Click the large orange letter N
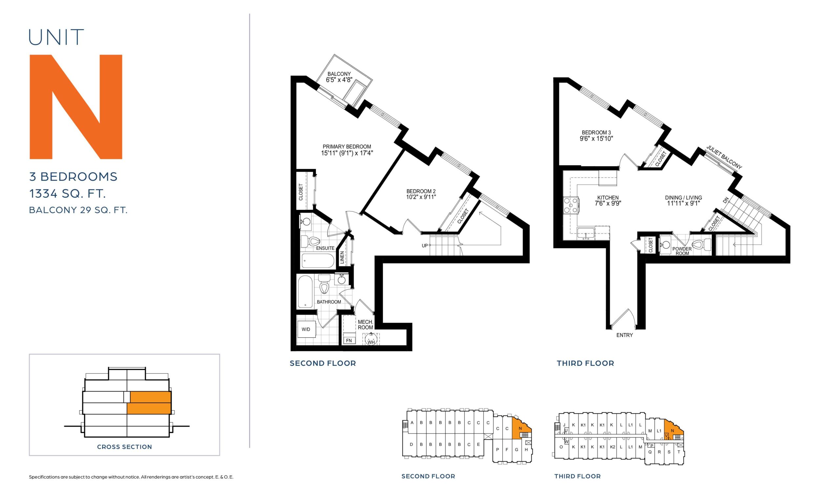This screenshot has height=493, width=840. (76, 107)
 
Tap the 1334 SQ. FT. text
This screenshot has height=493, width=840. (68, 193)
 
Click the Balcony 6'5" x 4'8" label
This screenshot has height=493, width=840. (339, 77)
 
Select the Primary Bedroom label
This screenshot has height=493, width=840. (347, 150)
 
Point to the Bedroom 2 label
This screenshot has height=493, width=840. (421, 194)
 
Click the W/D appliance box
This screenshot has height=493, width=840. (306, 329)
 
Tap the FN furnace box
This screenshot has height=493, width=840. (349, 341)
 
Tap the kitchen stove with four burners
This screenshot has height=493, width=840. (571, 205)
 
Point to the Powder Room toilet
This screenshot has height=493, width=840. (701, 245)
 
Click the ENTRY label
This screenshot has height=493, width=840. (625, 335)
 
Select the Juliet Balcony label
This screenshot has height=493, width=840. (724, 157)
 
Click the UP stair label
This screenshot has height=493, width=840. (425, 246)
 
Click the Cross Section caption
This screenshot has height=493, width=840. (124, 447)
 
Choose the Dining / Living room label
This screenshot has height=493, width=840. (683, 200)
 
